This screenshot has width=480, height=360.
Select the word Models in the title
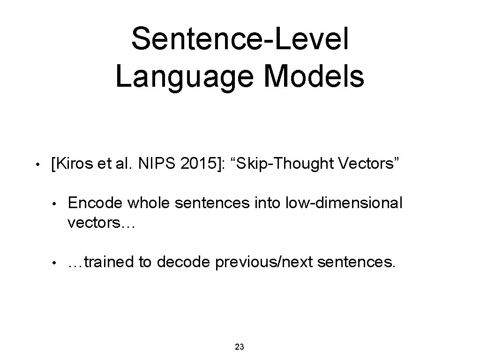coord(313,77)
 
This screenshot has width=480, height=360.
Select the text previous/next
coord(264,262)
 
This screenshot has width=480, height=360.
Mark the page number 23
coord(239,347)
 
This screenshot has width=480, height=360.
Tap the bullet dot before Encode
coord(55,204)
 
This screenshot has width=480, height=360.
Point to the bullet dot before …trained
coord(55,263)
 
